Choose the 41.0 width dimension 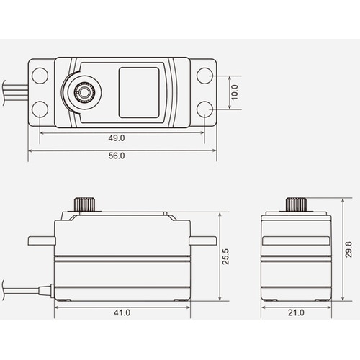[122, 312]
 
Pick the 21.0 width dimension [295, 312]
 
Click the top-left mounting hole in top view [40, 75]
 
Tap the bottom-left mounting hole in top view [40, 109]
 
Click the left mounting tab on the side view [41, 239]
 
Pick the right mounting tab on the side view [202, 239]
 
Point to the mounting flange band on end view [295, 242]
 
